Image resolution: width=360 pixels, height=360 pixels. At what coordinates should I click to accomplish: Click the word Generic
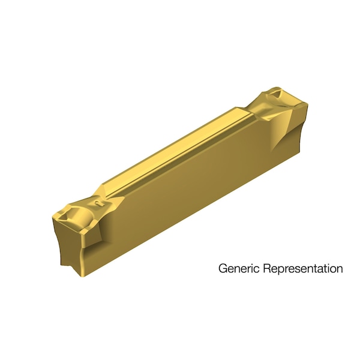coord(236,268)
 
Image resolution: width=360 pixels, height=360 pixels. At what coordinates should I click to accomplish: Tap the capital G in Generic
coord(222,268)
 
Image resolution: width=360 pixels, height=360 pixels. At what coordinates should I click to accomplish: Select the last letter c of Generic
coord(252,269)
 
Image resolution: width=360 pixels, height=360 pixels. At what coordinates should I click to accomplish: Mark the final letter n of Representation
coord(340,269)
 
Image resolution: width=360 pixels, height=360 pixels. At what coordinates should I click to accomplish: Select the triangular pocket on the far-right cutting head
coord(277,94)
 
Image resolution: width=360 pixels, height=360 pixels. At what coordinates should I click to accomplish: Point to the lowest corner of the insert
coord(82,275)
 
